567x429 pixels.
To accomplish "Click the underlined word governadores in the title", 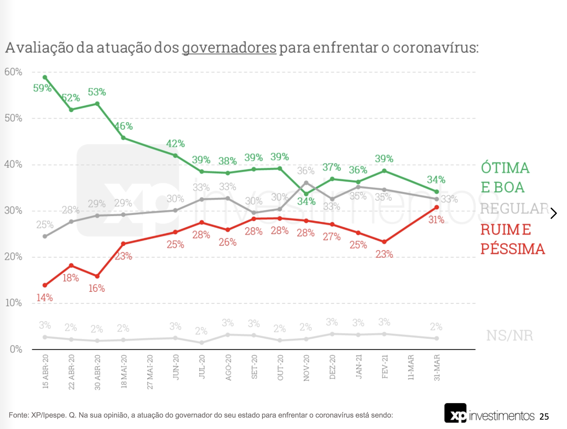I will [x=229, y=48].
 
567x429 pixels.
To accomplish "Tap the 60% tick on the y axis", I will [x=13, y=72].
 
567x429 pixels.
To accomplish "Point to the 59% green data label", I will [x=42, y=88].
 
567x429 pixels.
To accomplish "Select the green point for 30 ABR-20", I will [x=97, y=104].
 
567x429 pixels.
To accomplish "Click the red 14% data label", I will [x=45, y=298].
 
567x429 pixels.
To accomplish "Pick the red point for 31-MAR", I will [x=437, y=207].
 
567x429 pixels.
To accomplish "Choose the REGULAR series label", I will [x=514, y=209].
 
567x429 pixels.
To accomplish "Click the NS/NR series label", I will [x=510, y=335].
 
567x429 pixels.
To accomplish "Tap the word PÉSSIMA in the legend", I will [x=513, y=249].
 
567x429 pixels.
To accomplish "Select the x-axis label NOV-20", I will [x=306, y=368].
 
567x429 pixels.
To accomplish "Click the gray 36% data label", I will [x=306, y=171].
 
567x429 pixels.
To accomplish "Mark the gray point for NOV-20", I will [x=306, y=183].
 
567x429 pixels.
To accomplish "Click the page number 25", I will [x=544, y=417].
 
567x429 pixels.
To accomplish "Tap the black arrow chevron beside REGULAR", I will [x=554, y=213].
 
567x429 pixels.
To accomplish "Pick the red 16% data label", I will [x=97, y=288].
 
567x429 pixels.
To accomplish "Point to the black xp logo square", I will [x=456, y=413].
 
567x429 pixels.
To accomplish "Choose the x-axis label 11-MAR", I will [x=411, y=367].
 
